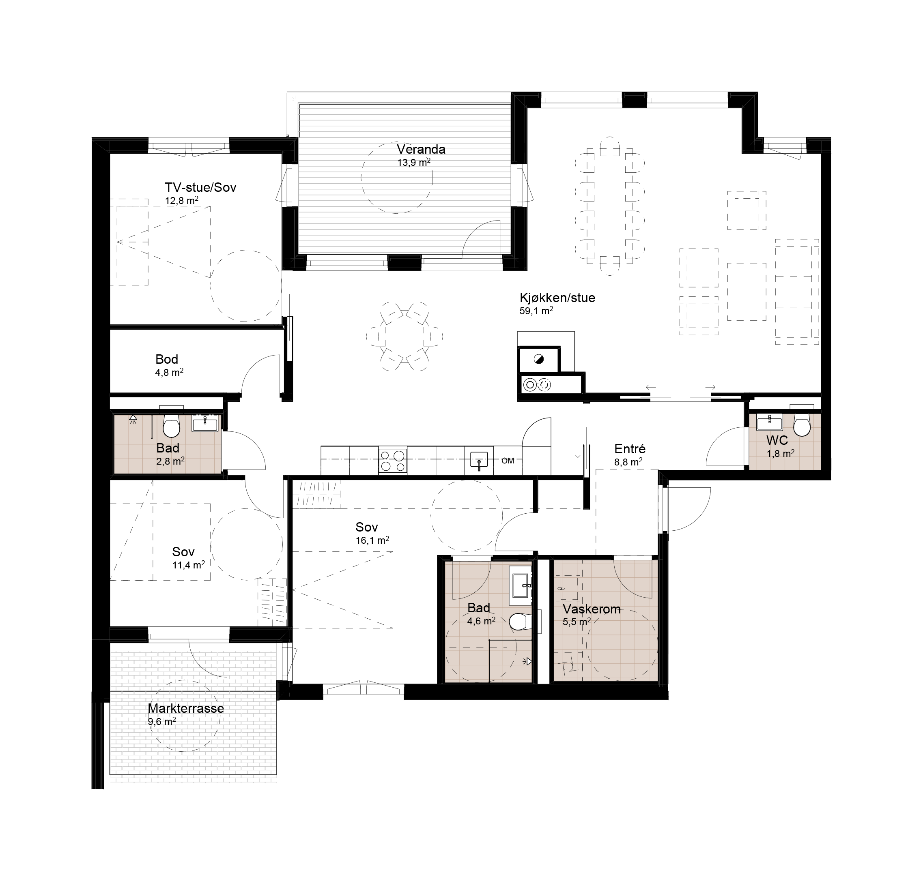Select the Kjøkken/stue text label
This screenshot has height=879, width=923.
click(557, 298)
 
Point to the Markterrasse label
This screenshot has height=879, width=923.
click(186, 708)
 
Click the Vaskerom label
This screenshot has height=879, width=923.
click(592, 609)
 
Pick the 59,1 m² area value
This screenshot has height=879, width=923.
click(536, 311)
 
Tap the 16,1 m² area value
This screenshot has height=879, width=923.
click(372, 540)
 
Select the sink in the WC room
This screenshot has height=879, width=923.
click(770, 422)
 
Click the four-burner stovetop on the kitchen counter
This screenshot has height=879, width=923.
click(392, 460)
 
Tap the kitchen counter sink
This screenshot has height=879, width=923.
click(479, 460)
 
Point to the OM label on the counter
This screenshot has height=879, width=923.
click(508, 461)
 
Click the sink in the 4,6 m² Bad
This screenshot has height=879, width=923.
click(521, 585)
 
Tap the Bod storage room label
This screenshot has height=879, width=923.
click(167, 359)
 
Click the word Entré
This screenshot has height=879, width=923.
click(630, 449)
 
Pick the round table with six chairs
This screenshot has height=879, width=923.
click(404, 337)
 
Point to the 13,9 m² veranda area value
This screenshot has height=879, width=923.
click(414, 163)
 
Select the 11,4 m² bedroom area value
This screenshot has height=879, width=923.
click(188, 565)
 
